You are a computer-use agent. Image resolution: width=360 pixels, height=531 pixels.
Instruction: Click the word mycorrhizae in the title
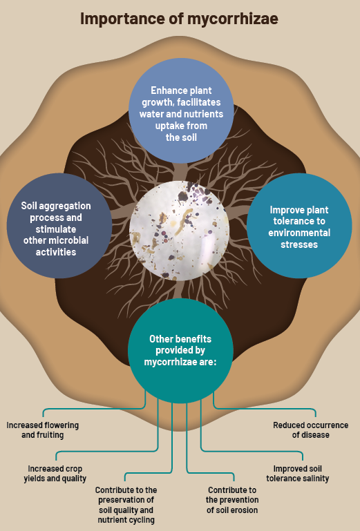tap(233, 19)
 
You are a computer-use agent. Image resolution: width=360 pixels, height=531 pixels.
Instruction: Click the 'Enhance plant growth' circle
tap(181, 110)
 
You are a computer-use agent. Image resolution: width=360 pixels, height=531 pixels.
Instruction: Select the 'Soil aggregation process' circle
tap(59, 226)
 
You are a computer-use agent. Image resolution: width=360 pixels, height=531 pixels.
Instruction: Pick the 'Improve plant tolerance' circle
tap(299, 226)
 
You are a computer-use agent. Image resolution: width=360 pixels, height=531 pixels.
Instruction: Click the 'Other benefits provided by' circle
tap(180, 351)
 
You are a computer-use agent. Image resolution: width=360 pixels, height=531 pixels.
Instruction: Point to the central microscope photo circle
tap(180, 231)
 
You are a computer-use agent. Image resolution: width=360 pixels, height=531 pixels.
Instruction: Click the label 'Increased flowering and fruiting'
tap(43, 430)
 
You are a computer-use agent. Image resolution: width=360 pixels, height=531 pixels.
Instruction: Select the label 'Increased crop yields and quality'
tap(55, 474)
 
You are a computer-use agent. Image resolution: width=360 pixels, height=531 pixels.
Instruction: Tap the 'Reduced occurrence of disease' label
tap(311, 430)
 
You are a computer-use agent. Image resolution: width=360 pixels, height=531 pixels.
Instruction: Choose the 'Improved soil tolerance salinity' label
tap(298, 474)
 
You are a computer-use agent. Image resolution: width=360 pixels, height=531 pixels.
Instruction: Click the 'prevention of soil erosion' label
tap(232, 500)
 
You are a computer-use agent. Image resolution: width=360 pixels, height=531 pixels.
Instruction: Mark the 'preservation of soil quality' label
tap(126, 505)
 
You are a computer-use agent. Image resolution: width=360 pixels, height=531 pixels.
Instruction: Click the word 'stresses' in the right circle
tap(299, 244)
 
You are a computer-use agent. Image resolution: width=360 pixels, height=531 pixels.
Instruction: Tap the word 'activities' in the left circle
tap(56, 252)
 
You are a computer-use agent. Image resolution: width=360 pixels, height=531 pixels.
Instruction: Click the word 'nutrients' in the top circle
tap(202, 114)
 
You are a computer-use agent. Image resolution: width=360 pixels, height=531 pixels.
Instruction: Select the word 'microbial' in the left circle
tap(72, 240)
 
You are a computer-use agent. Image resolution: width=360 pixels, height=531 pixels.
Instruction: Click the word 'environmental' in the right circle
tap(299, 233)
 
